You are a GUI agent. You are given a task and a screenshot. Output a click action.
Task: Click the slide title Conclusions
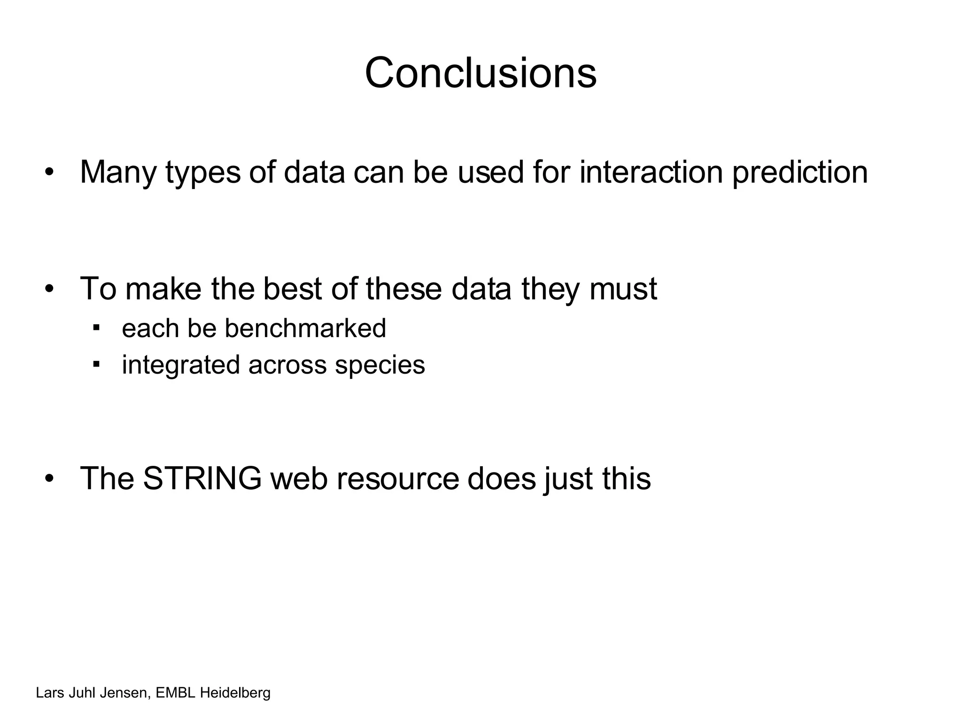[x=481, y=73]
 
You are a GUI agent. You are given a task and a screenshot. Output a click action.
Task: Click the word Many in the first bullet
[x=117, y=172]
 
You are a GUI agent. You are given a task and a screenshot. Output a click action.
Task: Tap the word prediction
[x=799, y=172]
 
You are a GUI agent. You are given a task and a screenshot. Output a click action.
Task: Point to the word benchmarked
[x=305, y=328]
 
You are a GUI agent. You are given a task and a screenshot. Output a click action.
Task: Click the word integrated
[x=181, y=365]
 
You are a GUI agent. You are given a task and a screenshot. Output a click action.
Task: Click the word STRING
[x=202, y=479]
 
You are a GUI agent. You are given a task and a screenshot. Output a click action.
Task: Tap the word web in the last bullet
[x=299, y=479]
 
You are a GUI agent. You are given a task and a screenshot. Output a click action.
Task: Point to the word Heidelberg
[x=235, y=693]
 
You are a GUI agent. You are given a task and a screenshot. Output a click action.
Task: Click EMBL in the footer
[x=175, y=693]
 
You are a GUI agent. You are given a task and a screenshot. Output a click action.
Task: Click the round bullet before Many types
[x=49, y=173]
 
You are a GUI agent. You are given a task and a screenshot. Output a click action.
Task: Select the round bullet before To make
[x=49, y=289]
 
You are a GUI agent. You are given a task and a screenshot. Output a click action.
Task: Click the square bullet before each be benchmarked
[x=96, y=327]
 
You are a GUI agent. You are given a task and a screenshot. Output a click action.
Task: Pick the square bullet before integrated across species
[x=96, y=364]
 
